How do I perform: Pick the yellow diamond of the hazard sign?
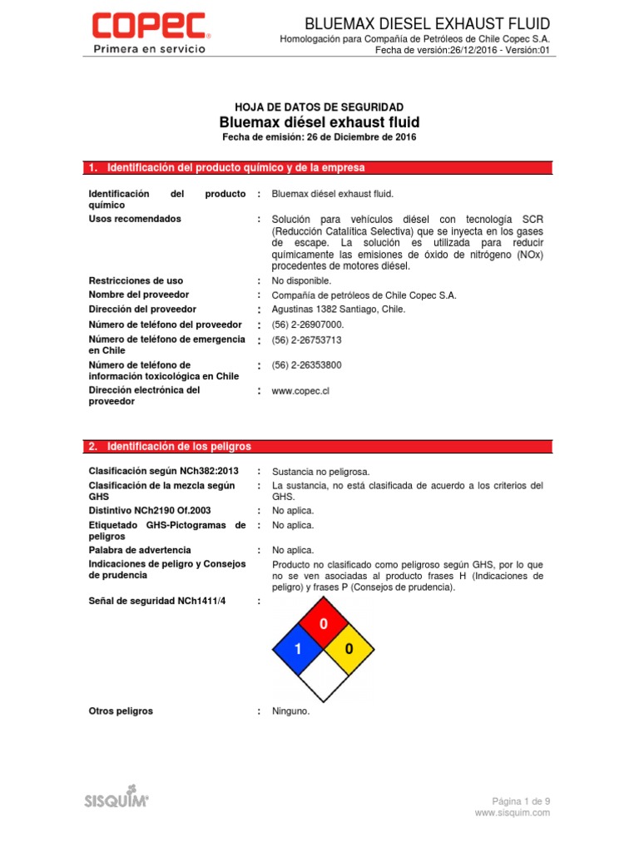point(349,649)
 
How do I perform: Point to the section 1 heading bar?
point(319,168)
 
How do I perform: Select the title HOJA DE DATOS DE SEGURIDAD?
point(319,107)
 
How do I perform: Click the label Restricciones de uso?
point(136,281)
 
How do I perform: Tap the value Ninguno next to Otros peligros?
point(290,712)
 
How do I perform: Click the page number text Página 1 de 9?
point(521,800)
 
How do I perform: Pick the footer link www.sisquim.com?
point(513,813)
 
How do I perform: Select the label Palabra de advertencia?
point(140,551)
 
